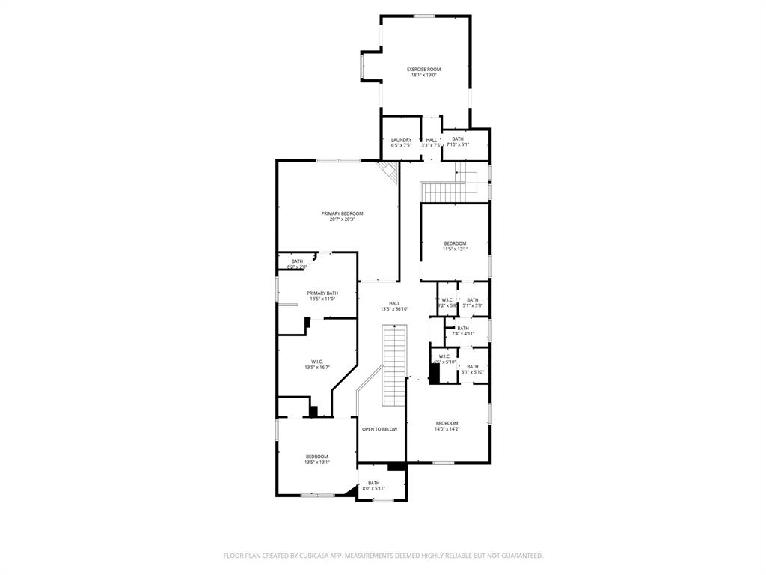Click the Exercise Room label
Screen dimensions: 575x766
coord(423,70)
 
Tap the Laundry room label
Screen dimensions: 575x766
coord(401,140)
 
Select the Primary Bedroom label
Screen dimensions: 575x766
coord(337,213)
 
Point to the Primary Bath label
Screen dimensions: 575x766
coord(322,293)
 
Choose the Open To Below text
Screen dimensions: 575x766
coord(379,429)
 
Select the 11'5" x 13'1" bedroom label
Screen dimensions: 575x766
coord(455,246)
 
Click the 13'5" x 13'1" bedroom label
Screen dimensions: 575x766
coord(316,460)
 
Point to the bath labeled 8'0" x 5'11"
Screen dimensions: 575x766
coord(373,485)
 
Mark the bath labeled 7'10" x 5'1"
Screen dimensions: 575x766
coord(457,142)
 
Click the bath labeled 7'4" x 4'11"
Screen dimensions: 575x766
coord(463,331)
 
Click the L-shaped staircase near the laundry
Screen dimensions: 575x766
coord(447,189)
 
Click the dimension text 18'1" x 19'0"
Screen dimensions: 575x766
coord(423,75)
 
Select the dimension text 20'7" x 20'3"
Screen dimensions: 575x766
coord(337,219)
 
